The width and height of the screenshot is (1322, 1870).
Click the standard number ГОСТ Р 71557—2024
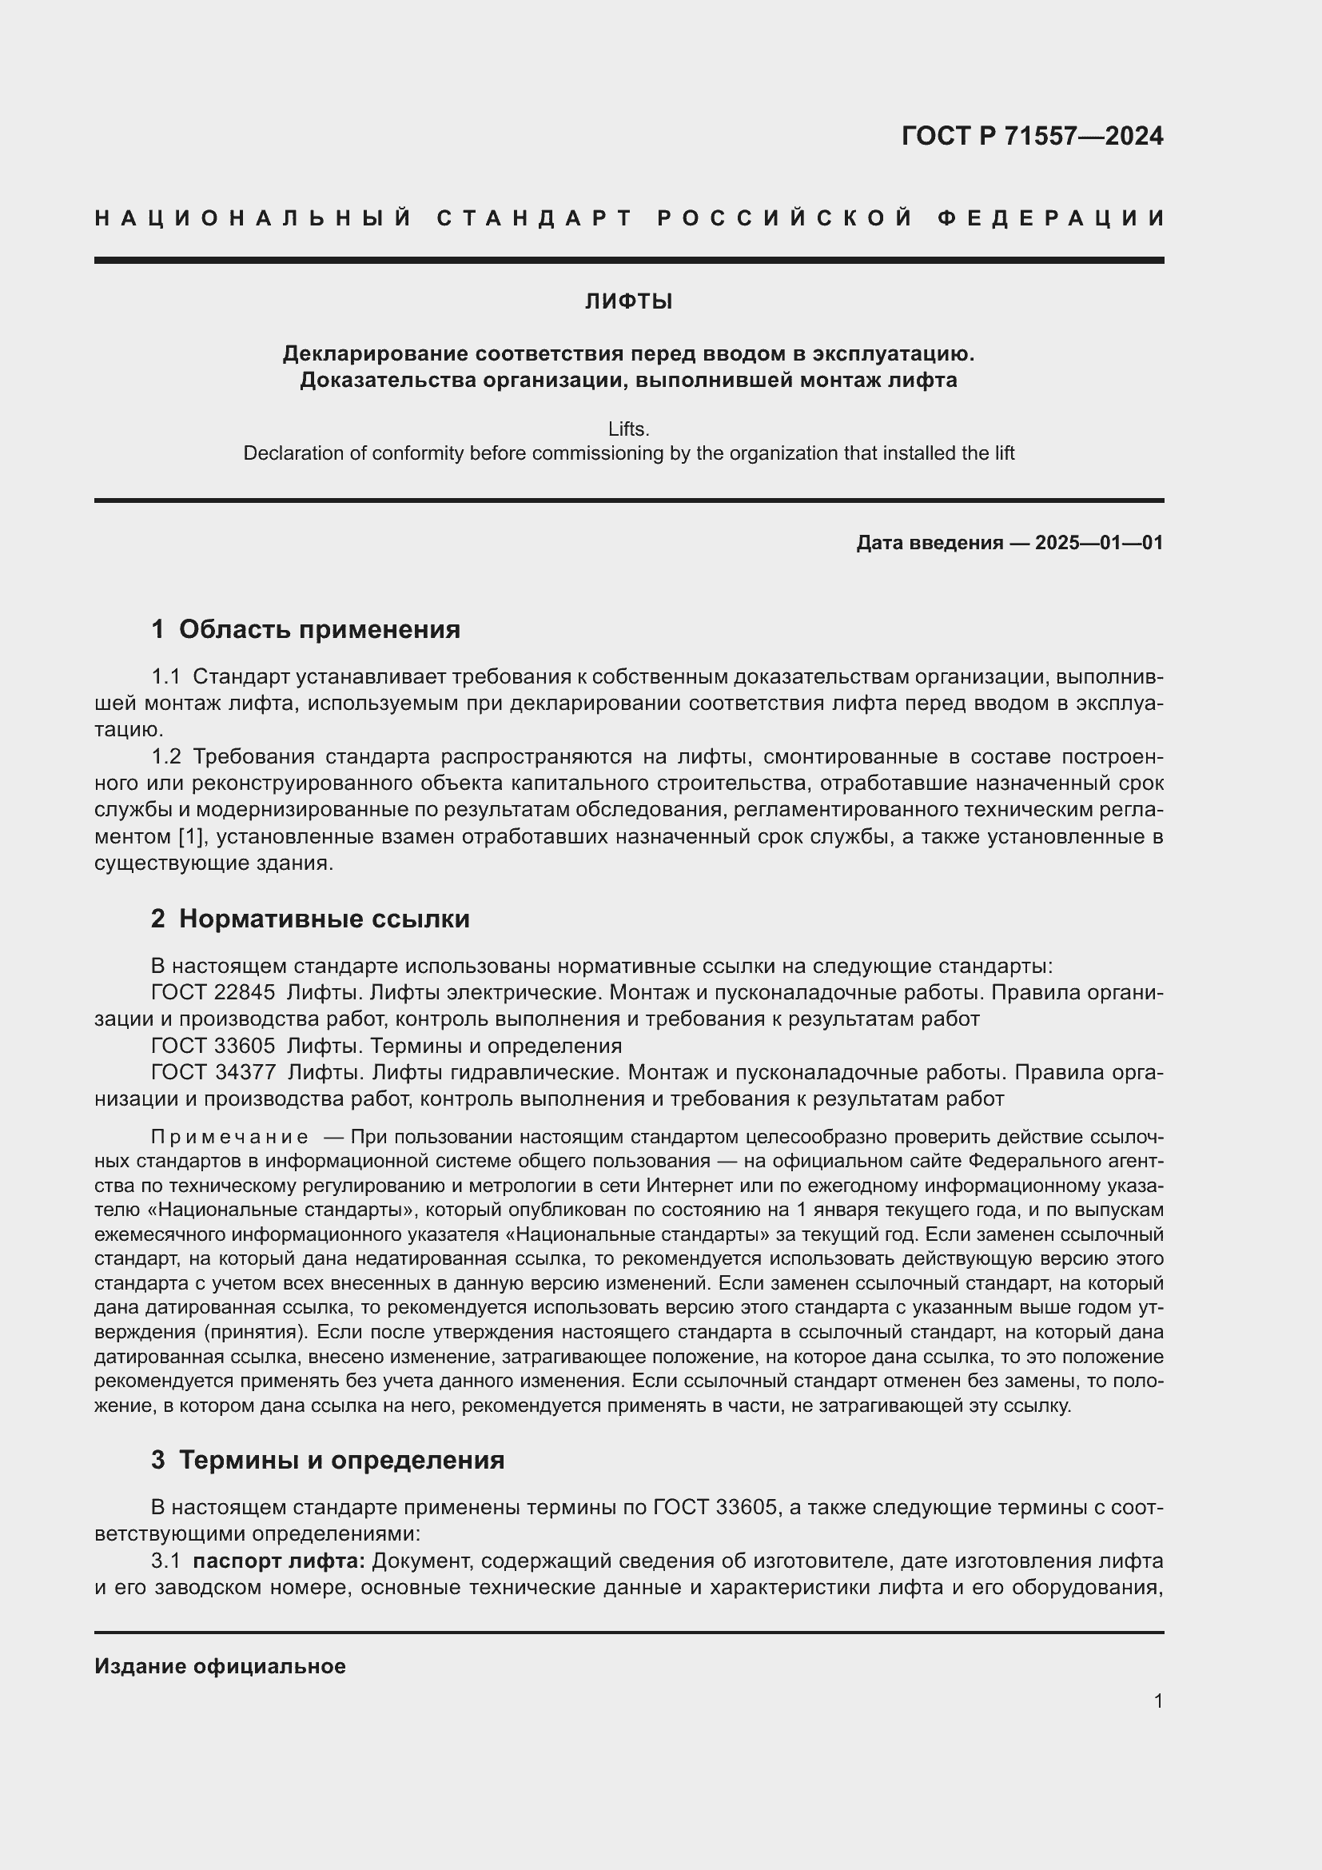coord(1031,136)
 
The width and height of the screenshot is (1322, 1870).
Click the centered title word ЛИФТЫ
coord(628,302)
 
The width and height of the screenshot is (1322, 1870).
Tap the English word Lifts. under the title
coord(628,429)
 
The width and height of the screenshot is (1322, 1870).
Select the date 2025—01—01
coord(1099,542)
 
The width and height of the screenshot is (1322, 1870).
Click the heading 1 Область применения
coord(305,628)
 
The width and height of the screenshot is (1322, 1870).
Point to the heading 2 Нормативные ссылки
coord(310,919)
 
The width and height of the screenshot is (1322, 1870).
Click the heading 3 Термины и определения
coord(327,1460)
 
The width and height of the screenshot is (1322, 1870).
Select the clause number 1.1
coord(166,677)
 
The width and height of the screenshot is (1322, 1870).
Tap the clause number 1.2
coord(166,756)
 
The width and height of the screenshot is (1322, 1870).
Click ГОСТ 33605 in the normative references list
coord(213,1045)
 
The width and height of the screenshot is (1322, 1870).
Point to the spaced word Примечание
coord(229,1137)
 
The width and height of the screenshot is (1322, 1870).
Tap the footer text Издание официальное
coord(220,1666)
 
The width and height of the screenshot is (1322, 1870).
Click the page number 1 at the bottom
coord(1157,1701)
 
